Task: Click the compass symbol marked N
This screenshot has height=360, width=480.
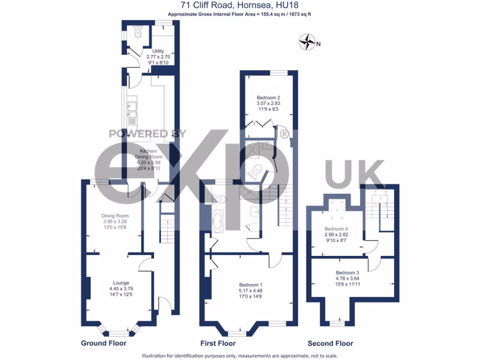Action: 307,42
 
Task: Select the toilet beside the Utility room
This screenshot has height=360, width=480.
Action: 137,33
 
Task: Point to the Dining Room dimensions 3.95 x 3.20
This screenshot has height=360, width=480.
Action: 115,221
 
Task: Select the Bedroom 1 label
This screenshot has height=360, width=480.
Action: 251,285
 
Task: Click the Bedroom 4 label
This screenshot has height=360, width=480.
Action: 337,229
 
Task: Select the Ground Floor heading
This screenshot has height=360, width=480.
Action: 104,343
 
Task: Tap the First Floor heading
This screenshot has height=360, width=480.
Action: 217,343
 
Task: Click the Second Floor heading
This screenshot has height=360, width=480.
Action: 330,343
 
